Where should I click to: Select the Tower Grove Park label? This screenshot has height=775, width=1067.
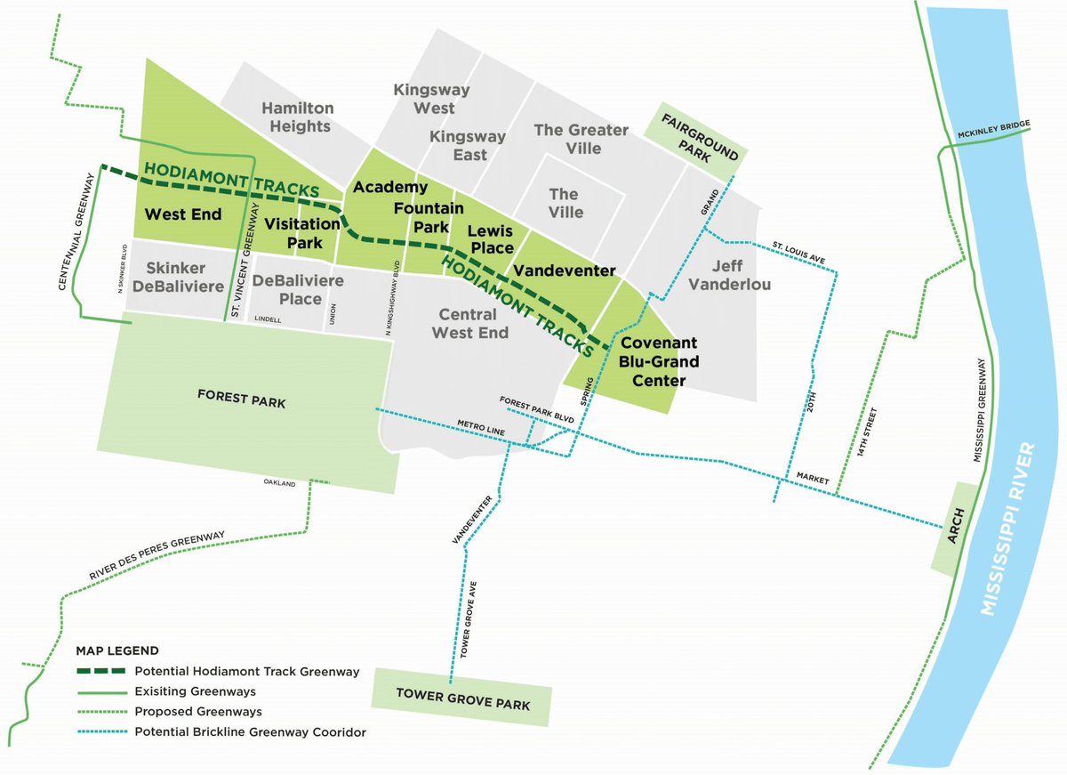click(462, 698)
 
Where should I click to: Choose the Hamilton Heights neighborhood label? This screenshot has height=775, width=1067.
click(297, 117)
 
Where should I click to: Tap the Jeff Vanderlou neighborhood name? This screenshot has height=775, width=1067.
click(734, 274)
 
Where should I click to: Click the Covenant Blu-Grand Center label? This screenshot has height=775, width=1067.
click(658, 362)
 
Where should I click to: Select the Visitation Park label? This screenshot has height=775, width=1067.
click(302, 233)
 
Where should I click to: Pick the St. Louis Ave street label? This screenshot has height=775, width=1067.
click(798, 253)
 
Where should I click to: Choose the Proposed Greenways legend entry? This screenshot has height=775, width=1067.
click(198, 711)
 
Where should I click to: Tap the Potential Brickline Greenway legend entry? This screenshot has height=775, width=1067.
click(250, 732)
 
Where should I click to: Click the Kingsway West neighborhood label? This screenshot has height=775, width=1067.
click(424, 99)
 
